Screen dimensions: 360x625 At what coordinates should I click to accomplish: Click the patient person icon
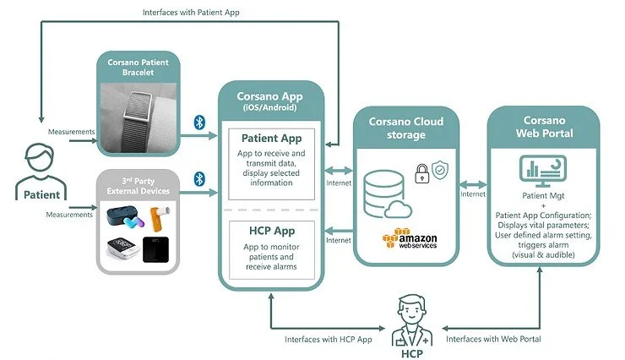click(35, 166)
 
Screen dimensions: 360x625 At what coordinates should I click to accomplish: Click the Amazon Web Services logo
click(406, 241)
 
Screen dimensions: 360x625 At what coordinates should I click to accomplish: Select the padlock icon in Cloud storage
click(421, 172)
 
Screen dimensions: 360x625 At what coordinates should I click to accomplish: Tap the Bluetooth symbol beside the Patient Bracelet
click(200, 122)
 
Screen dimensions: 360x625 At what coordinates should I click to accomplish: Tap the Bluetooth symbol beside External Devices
click(200, 178)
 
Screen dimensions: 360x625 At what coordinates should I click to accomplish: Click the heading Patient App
click(272, 138)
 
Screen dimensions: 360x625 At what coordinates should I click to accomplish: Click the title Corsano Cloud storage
click(406, 128)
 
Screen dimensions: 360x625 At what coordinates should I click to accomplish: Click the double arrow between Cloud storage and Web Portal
click(473, 183)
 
